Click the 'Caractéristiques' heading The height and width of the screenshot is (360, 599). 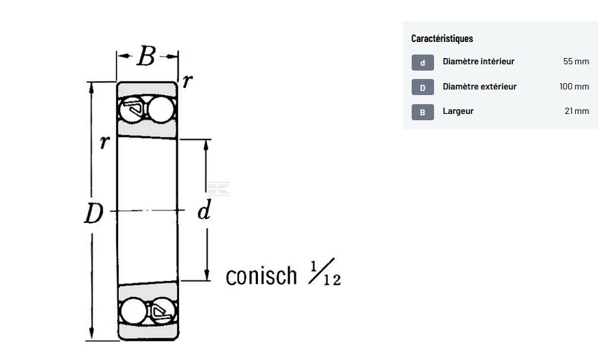[442, 38]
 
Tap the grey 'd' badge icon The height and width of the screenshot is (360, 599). [422, 63]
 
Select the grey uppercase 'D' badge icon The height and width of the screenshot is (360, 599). [422, 87]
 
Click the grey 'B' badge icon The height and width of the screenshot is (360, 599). [422, 112]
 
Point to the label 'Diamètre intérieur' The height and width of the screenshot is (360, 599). [478, 62]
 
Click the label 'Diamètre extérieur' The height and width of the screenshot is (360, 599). [479, 87]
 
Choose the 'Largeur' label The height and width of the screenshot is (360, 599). [458, 111]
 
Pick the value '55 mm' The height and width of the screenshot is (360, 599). [576, 62]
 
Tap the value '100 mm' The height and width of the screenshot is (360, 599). [574, 87]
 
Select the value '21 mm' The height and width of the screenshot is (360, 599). [577, 111]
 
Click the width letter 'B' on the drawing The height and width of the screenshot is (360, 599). [145, 57]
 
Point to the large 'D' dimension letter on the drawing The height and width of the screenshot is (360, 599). [94, 213]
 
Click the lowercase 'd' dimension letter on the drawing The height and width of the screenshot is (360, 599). [203, 210]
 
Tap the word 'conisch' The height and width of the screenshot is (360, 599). [261, 275]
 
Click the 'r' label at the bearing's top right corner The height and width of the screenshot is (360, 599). [187, 81]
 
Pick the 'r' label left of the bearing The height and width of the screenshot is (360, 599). [104, 142]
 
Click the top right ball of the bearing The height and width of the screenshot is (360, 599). [161, 110]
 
